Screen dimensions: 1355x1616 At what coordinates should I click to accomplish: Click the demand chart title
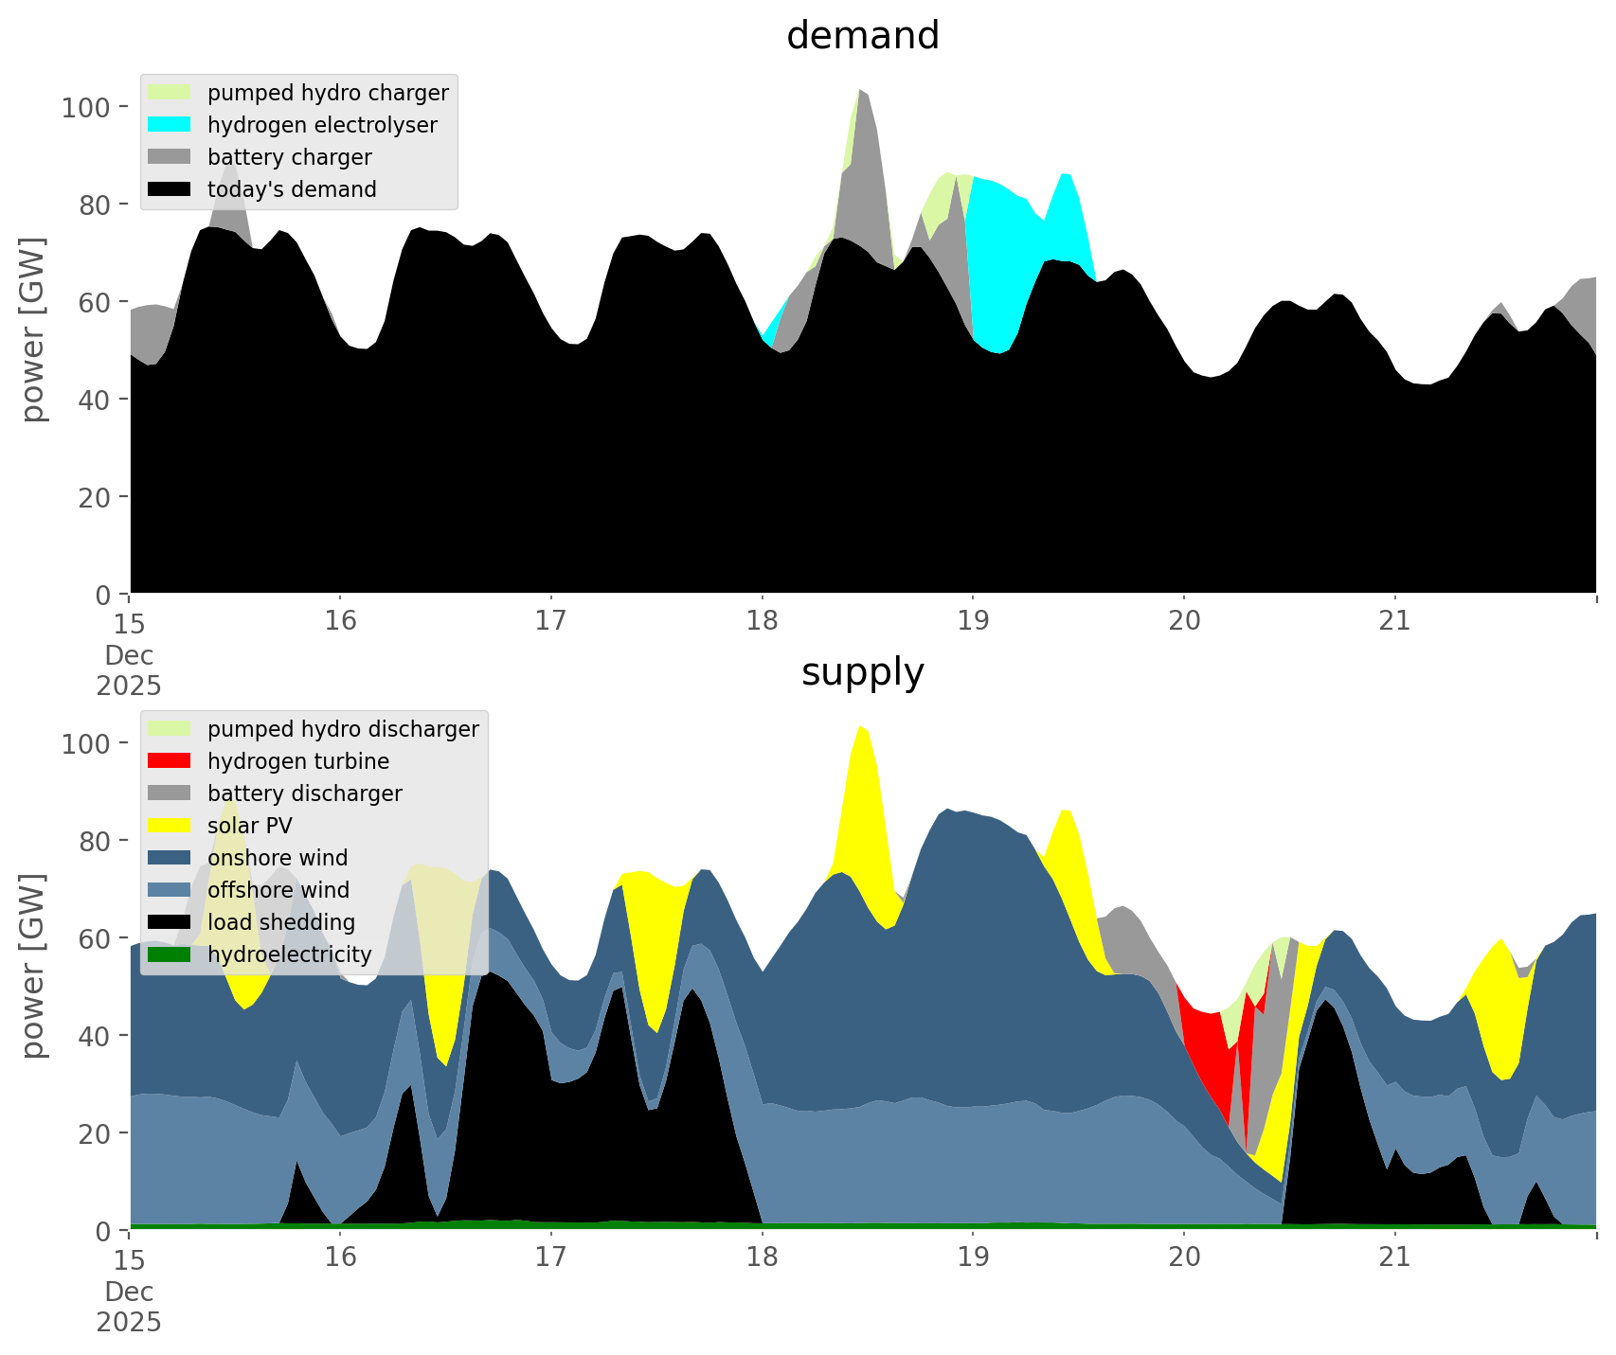tap(862, 36)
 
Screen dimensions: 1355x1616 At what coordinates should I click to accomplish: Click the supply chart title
tap(862, 672)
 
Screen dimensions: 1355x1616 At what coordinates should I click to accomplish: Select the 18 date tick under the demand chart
tap(761, 621)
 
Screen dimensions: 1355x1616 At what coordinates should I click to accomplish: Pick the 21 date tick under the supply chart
tap(1394, 1257)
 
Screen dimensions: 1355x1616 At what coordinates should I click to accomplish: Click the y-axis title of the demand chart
tap(32, 329)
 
